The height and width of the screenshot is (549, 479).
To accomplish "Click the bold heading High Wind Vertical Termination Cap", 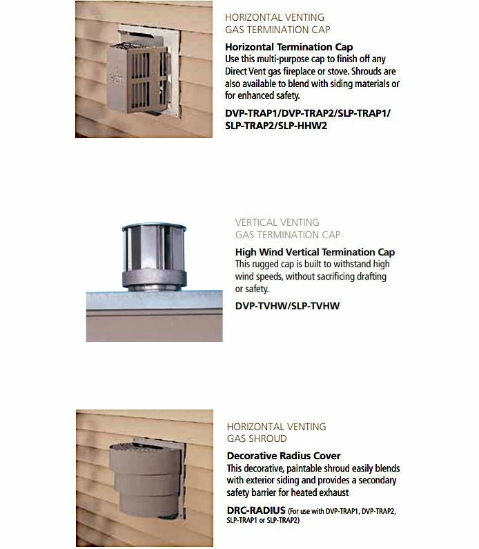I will pyautogui.click(x=315, y=252).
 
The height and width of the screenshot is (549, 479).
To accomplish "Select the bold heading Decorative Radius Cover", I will pyautogui.click(x=284, y=456).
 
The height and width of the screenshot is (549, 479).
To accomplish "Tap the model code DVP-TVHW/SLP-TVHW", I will pyautogui.click(x=287, y=305).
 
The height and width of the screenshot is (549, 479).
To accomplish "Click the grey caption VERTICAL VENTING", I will pyautogui.click(x=277, y=222).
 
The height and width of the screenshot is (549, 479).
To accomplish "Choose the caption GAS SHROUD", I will pyautogui.click(x=256, y=439).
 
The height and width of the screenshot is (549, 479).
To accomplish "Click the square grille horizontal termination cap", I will pyautogui.click(x=139, y=79).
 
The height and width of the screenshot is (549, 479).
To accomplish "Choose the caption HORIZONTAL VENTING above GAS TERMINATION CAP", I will pyautogui.click(x=275, y=17).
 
